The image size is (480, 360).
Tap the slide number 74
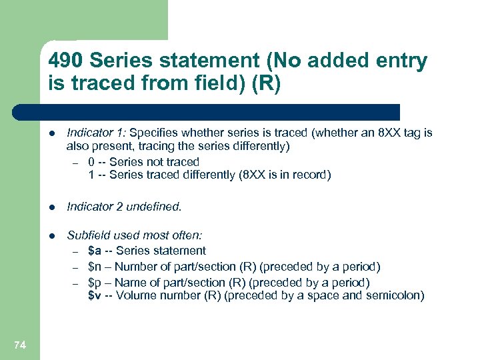tap(19, 345)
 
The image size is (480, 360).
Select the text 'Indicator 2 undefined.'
tap(124, 207)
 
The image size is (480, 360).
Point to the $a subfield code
tap(95, 251)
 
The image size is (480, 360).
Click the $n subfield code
tap(95, 267)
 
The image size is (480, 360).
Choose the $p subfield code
tap(95, 282)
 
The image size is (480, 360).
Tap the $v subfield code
tap(95, 296)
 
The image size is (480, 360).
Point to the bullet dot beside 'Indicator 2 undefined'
tap(53, 207)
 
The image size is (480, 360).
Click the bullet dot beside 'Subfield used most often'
tap(53, 235)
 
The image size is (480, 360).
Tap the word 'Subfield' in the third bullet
tap(88, 235)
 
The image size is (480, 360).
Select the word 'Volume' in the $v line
tap(135, 296)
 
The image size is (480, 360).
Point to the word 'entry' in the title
tap(399, 61)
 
